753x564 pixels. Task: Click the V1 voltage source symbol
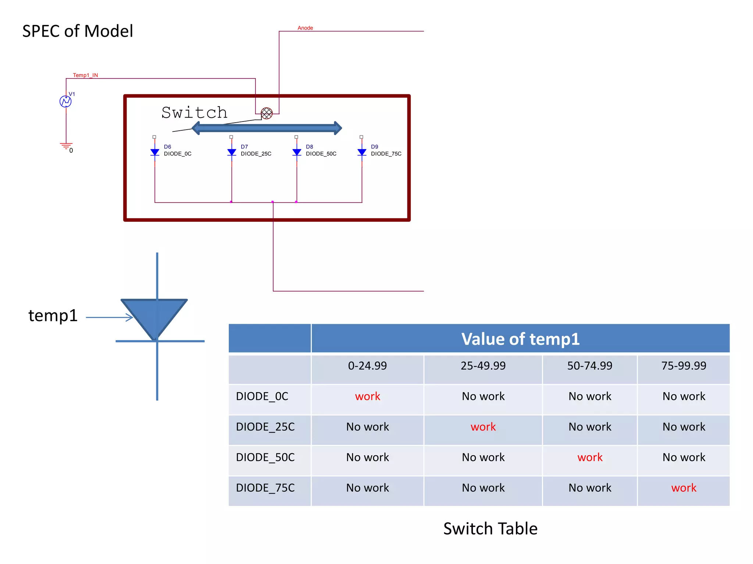coord(65,101)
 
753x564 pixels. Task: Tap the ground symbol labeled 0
coord(66,146)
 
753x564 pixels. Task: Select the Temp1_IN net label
coord(85,75)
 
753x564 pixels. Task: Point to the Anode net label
coord(305,28)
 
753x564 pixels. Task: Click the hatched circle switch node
coord(267,113)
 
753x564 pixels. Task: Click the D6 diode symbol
coord(155,152)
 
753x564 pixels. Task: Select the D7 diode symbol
coord(232,152)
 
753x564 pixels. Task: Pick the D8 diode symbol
coord(297,152)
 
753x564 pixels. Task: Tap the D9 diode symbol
coord(362,152)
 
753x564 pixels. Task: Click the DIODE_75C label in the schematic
coord(386,154)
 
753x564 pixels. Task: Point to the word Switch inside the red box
coord(195,113)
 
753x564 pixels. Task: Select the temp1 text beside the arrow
coord(53,316)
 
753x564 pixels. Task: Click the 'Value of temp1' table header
coord(520,339)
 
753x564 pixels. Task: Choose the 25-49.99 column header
coord(483,366)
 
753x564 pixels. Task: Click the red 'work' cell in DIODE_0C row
coord(367,396)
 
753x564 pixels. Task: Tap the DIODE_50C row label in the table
coord(265,457)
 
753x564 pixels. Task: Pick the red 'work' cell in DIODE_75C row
coord(684,488)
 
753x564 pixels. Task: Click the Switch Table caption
coord(490,529)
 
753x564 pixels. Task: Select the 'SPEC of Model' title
coord(78,31)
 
